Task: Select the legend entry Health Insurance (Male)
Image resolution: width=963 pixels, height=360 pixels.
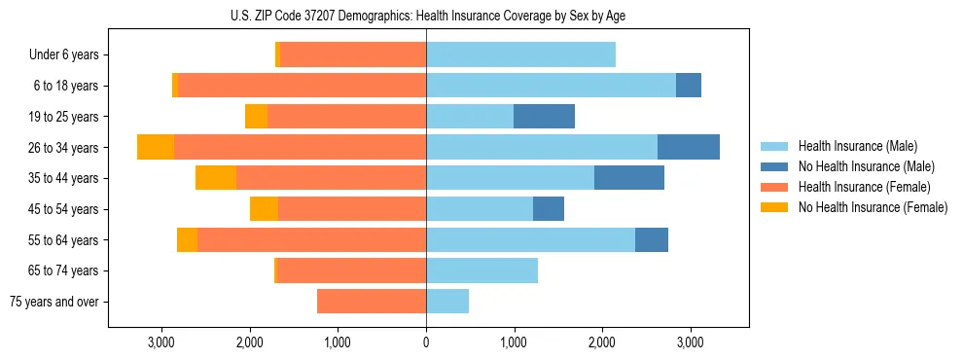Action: (x=852, y=146)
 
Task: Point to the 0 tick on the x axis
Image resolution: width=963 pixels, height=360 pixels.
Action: (x=426, y=342)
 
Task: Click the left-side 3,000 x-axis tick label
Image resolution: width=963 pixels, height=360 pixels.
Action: (x=160, y=342)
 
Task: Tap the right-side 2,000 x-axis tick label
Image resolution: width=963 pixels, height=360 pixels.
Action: (x=602, y=342)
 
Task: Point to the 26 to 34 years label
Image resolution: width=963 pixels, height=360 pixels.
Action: (x=65, y=148)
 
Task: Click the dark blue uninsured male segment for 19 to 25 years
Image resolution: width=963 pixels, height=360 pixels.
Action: (x=544, y=117)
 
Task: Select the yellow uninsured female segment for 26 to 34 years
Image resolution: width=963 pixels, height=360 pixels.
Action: (x=156, y=147)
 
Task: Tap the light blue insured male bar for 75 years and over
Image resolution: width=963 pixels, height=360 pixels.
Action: (x=447, y=302)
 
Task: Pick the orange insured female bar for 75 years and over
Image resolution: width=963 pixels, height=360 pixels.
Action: (x=372, y=302)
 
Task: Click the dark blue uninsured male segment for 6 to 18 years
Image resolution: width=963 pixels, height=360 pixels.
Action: (x=689, y=86)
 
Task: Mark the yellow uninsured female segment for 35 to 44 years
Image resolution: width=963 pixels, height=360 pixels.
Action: (x=216, y=178)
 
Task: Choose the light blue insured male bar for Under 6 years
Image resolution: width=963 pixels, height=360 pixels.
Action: (x=520, y=55)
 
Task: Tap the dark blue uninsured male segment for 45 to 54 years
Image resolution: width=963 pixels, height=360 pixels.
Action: (x=549, y=209)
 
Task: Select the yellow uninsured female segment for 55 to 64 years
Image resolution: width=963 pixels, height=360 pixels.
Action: (x=187, y=240)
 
